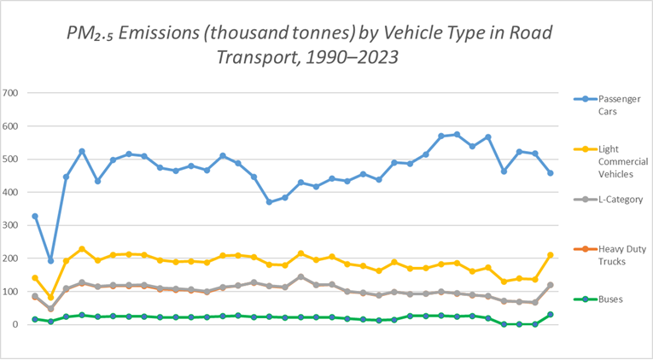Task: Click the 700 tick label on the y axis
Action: tap(12, 92)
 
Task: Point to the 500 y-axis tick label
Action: tap(12, 159)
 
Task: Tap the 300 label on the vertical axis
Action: tap(12, 225)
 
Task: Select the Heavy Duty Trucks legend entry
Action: tap(609, 254)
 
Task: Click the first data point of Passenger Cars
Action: tap(35, 216)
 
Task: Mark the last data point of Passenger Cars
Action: tap(551, 173)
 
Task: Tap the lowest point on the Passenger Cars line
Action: tap(50, 260)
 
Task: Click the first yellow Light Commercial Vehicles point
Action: tap(35, 278)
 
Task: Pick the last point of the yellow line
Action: tap(551, 255)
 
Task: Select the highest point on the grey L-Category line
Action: tap(300, 276)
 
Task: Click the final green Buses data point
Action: tap(551, 315)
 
